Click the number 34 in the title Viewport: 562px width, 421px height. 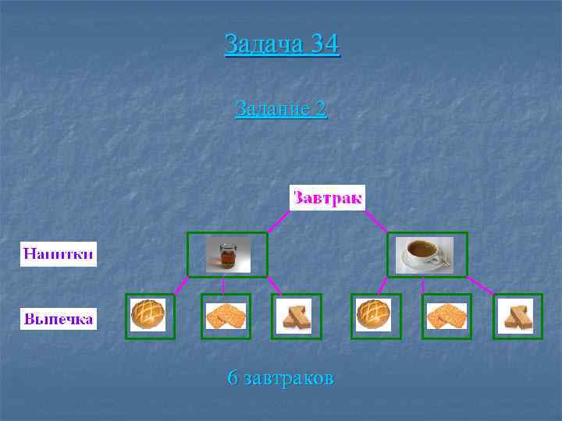(x=324, y=44)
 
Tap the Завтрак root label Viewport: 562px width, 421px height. (x=327, y=197)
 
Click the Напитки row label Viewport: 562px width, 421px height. (x=59, y=253)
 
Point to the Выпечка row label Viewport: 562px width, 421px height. (x=59, y=319)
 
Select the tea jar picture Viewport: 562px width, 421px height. (x=227, y=255)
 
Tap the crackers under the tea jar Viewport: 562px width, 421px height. (x=226, y=316)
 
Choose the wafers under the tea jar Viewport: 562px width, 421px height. (x=296, y=316)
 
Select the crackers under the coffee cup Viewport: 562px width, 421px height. (x=446, y=316)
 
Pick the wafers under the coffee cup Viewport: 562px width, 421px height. (x=516, y=316)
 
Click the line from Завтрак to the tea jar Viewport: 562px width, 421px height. (x=279, y=221)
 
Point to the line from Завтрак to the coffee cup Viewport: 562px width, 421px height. (x=376, y=221)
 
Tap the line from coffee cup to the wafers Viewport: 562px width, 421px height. (x=480, y=285)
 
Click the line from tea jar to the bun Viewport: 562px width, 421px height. (x=180, y=285)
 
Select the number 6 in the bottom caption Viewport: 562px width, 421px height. (x=232, y=379)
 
